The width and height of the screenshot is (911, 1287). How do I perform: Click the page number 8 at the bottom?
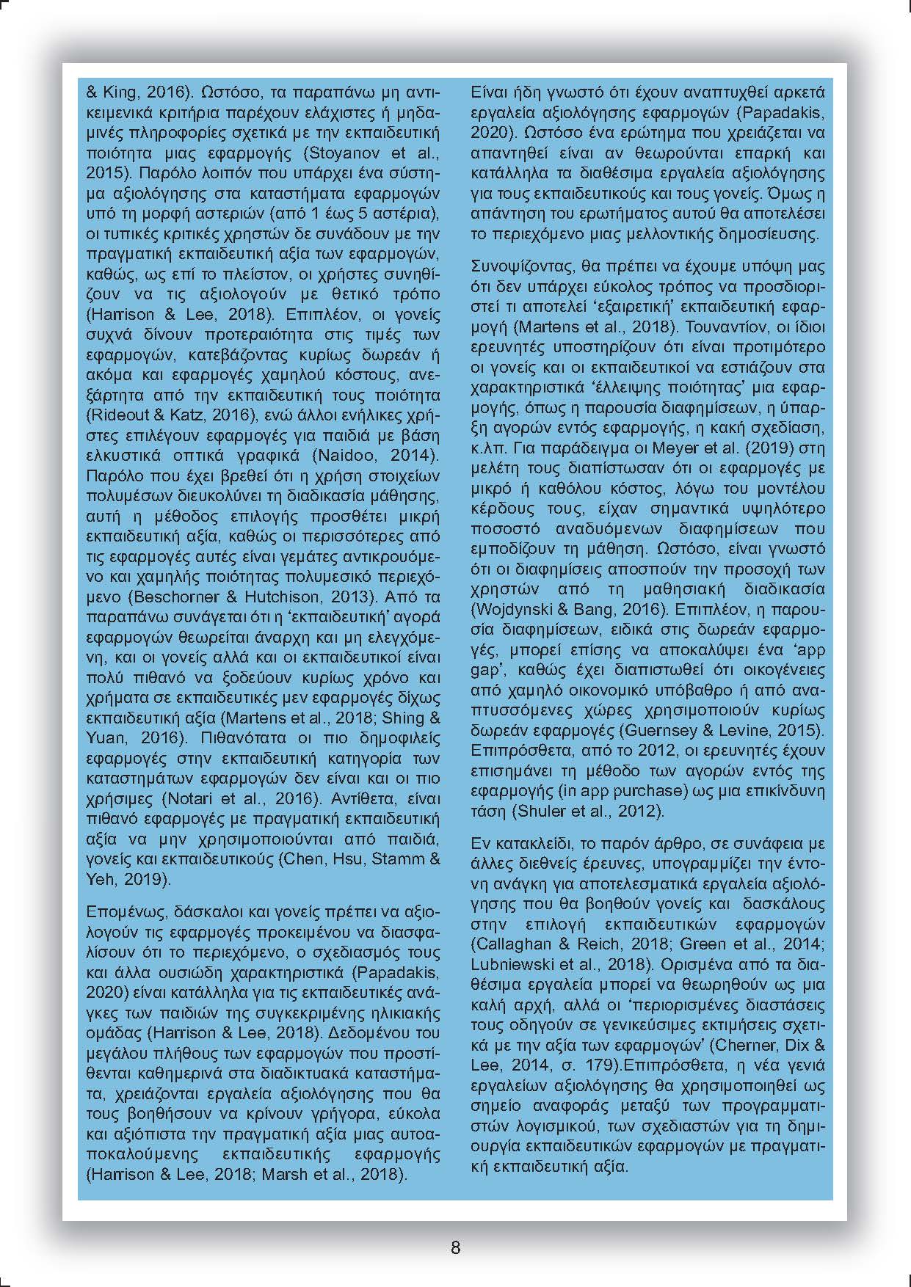click(455, 1247)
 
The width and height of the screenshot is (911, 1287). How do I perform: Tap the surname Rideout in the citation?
click(112, 415)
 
